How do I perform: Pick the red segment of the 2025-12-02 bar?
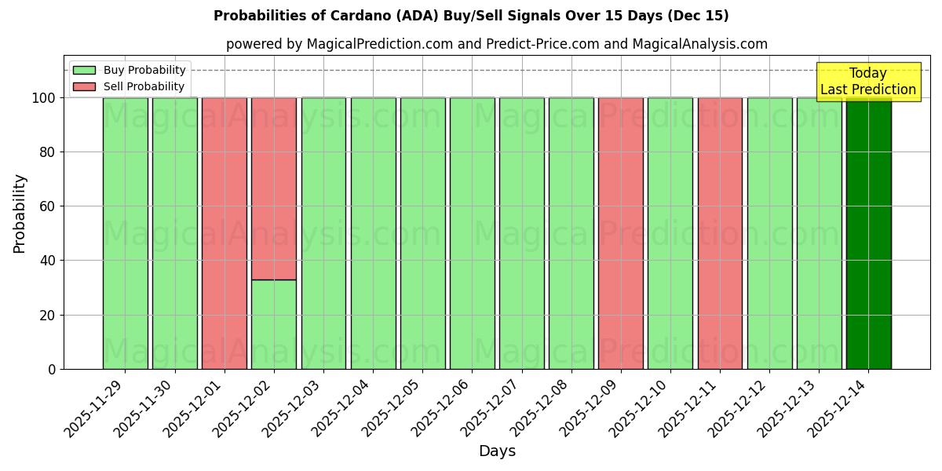point(274,188)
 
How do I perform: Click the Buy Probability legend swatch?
point(84,71)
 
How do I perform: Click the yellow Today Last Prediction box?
point(868,82)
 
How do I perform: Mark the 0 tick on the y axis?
point(52,369)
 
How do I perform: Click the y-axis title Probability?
point(20,214)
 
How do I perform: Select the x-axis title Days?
point(497,451)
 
